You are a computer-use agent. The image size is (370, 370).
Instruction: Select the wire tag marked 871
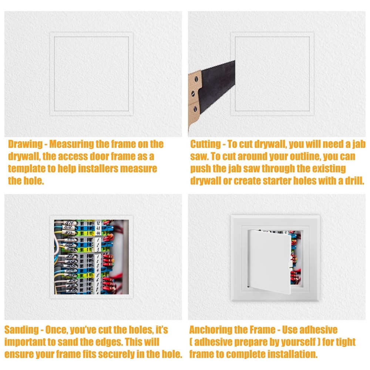point(70,223)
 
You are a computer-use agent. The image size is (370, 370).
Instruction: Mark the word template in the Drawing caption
point(26,169)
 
